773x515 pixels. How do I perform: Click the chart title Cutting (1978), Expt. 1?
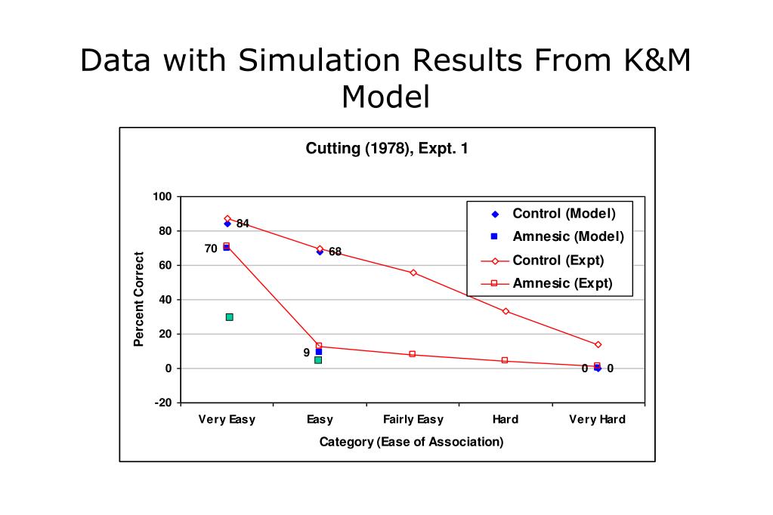point(386,148)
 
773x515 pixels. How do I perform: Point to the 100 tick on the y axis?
point(162,197)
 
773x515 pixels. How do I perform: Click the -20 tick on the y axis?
point(162,403)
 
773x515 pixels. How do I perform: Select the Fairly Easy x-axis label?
point(413,420)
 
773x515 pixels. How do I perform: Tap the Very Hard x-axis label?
point(597,420)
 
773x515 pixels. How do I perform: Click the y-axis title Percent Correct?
point(139,299)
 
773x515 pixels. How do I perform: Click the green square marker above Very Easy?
point(229,317)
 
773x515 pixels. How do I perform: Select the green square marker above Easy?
point(318,359)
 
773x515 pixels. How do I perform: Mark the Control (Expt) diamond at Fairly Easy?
point(413,273)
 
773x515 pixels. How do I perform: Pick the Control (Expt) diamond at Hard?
point(506,311)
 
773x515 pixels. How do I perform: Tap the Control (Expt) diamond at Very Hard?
point(598,344)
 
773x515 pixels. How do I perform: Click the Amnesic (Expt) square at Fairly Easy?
point(413,354)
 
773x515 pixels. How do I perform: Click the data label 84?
point(243,224)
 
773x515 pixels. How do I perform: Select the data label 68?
point(335,252)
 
